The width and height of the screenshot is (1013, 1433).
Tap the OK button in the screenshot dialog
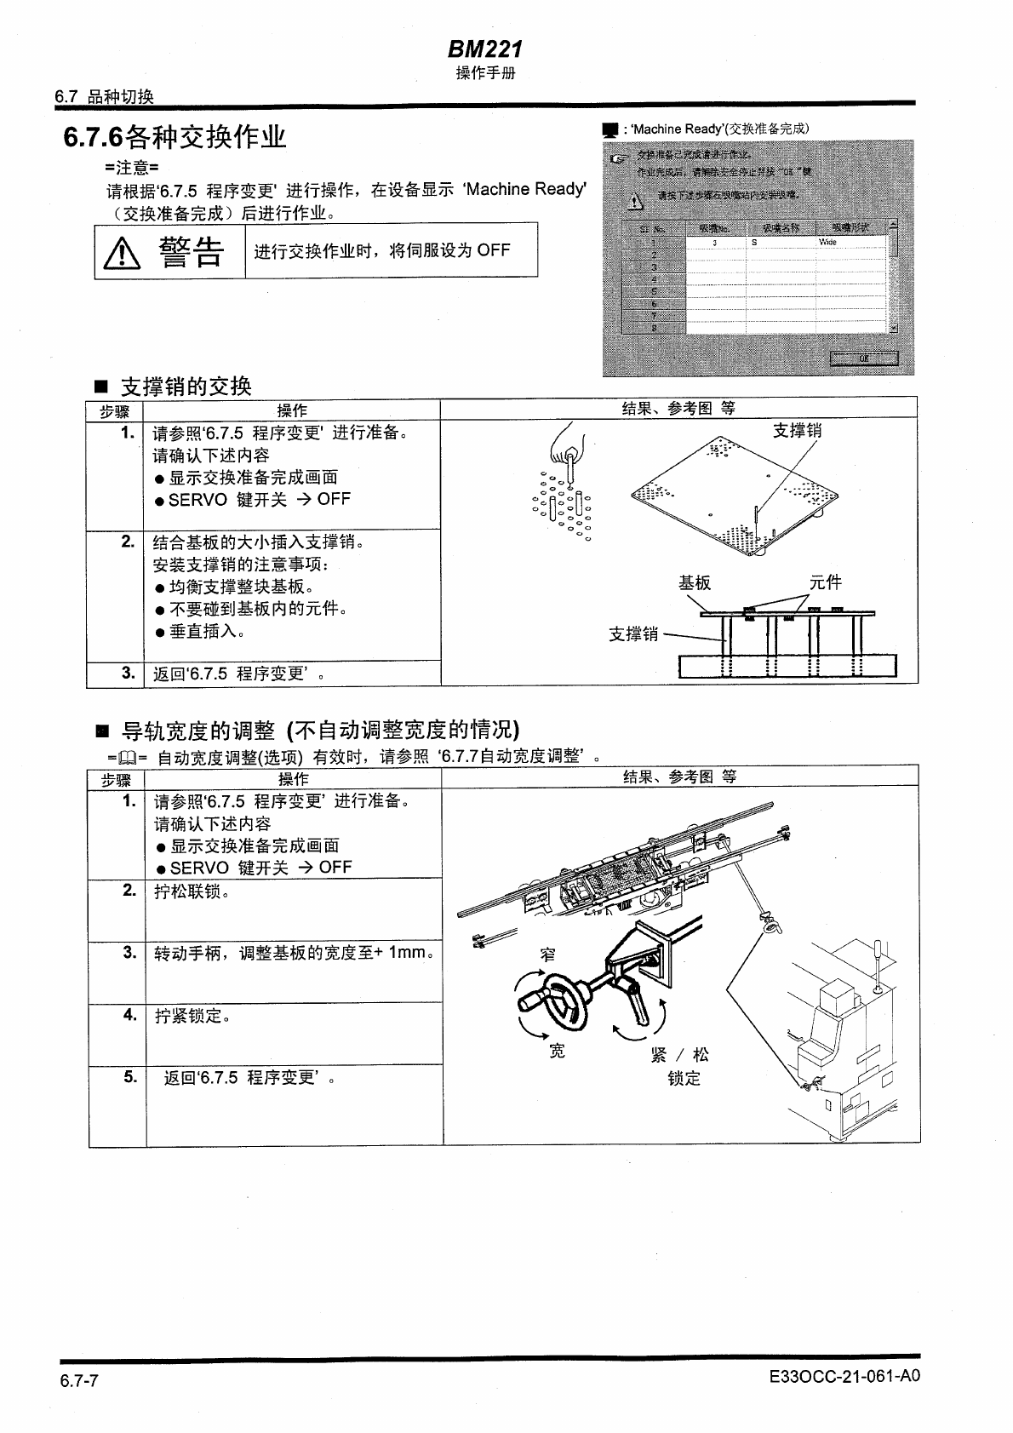[x=863, y=358]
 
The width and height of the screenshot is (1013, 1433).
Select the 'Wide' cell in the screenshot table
[x=827, y=243]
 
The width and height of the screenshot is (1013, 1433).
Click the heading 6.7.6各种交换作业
[x=175, y=137]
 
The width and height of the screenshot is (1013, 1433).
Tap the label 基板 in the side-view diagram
[x=694, y=583]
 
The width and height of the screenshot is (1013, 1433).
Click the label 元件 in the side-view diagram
[x=825, y=582]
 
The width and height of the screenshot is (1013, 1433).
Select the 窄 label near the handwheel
[x=549, y=954]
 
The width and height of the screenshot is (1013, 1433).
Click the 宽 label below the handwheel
[x=557, y=1052]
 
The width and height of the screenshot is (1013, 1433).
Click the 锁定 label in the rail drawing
[x=684, y=1079]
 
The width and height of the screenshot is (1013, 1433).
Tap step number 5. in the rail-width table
[x=129, y=1077]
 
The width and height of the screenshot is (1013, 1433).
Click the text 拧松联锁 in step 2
[x=191, y=891]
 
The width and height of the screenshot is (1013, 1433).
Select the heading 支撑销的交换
[x=186, y=387]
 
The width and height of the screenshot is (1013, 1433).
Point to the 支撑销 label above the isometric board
[x=797, y=431]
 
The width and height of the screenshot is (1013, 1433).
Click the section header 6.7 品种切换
[x=104, y=97]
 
